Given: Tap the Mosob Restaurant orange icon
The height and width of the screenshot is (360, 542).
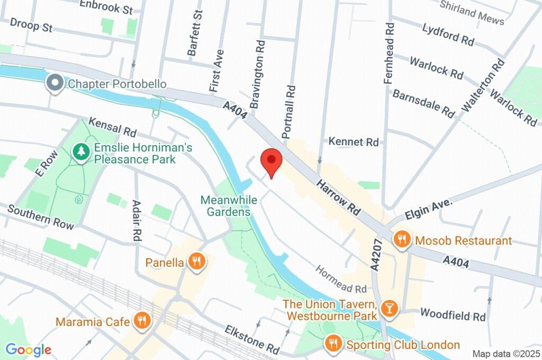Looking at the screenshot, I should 402,240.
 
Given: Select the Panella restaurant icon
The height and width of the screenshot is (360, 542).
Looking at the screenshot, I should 197,262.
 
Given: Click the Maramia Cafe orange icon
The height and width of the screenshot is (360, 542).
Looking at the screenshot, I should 141,321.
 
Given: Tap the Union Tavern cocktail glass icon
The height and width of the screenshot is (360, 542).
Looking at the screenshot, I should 389,310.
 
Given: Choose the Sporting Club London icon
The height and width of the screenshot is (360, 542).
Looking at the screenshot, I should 333,345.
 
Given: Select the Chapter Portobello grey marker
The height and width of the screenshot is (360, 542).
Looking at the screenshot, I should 54,84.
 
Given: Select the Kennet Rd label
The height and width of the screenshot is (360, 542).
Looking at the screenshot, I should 354,142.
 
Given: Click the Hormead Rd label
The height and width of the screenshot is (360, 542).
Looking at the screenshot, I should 341,279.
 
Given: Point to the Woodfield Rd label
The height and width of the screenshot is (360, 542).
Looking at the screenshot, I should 453,316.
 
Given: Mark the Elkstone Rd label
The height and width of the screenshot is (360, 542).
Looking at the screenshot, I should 251,339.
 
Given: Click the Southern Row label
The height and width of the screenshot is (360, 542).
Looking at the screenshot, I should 41,217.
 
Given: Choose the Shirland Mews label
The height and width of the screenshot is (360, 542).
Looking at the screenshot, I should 472,12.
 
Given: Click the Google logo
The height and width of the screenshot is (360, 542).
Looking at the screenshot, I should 28,349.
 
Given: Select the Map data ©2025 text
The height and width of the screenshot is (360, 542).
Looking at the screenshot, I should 505,354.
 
